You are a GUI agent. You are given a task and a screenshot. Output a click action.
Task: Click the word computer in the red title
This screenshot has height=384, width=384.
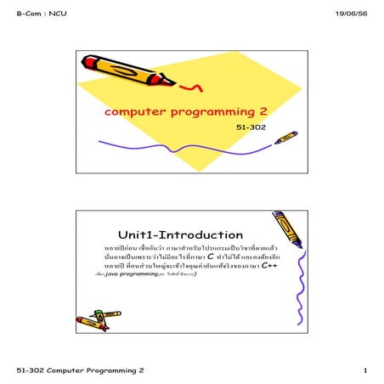[x=133, y=112]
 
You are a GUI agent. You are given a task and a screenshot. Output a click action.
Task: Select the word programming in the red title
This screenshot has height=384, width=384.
[x=208, y=112]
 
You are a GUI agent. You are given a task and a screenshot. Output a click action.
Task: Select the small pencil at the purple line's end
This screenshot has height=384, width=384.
[x=285, y=137]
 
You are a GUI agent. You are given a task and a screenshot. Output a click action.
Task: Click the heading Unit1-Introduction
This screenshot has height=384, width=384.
[x=180, y=234]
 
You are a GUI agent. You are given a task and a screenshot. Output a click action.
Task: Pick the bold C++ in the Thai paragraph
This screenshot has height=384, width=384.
[x=268, y=266]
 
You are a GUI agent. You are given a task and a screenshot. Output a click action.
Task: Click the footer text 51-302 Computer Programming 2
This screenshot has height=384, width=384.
[x=81, y=371]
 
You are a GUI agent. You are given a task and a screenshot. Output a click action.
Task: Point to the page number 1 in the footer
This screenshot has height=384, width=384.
[x=364, y=371]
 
